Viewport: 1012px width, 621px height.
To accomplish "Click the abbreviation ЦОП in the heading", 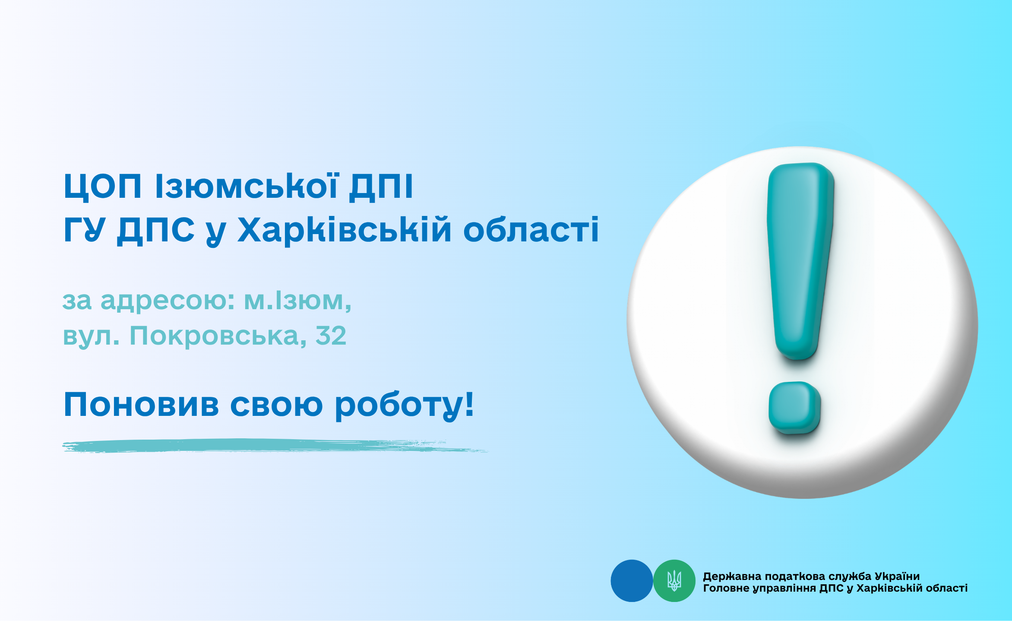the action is [103, 187].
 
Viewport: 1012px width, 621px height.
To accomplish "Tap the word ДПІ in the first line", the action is [381, 187].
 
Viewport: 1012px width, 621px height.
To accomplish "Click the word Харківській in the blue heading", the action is [345, 230].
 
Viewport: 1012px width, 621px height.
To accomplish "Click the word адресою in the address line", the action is [168, 301].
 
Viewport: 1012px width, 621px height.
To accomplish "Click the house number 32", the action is [331, 336].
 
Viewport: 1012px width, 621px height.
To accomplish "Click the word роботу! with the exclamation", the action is [405, 405].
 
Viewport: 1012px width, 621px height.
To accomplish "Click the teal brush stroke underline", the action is [275, 446].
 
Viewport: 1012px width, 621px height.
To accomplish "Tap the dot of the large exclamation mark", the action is [794, 408].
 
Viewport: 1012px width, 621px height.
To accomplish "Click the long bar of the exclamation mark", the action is [800, 261].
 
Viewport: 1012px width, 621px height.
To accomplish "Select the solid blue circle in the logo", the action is [632, 581].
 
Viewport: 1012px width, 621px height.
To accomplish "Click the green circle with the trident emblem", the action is [674, 581].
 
